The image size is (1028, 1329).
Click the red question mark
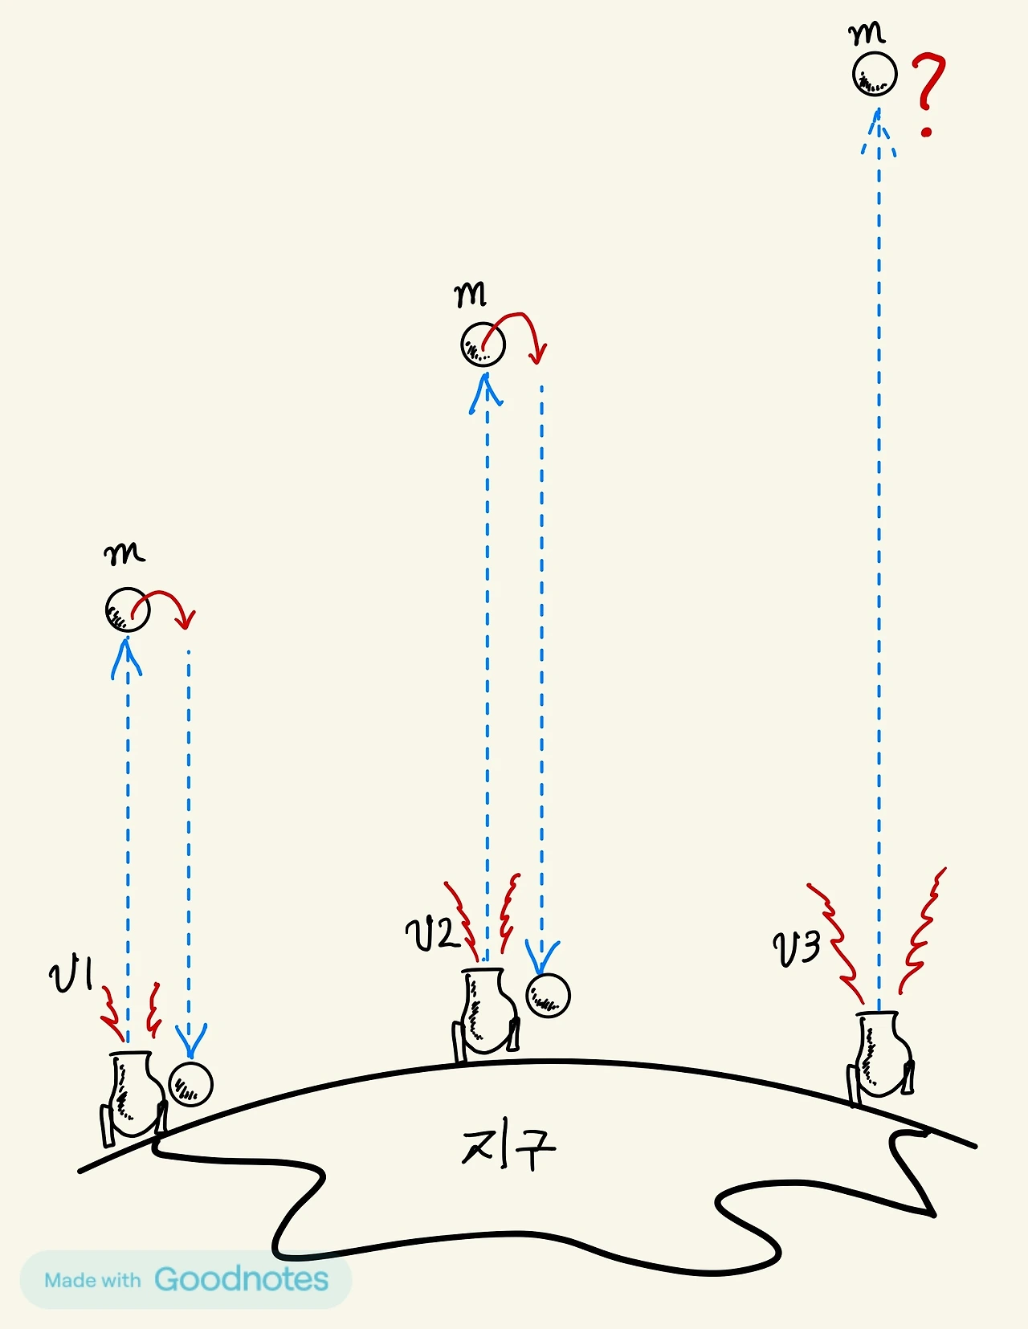click(x=928, y=92)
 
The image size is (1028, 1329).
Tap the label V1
click(x=71, y=975)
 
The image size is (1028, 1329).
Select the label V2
click(x=431, y=934)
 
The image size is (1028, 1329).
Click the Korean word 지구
click(x=508, y=1148)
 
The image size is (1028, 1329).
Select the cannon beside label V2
click(x=486, y=1013)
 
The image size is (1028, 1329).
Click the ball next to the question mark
click(x=874, y=74)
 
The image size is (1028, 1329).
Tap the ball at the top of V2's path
click(x=483, y=345)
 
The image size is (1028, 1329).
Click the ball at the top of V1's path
click(x=127, y=610)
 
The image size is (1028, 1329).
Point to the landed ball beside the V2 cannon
click(x=548, y=996)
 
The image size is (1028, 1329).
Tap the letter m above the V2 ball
click(x=471, y=296)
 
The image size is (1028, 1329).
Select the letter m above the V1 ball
click(x=124, y=554)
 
